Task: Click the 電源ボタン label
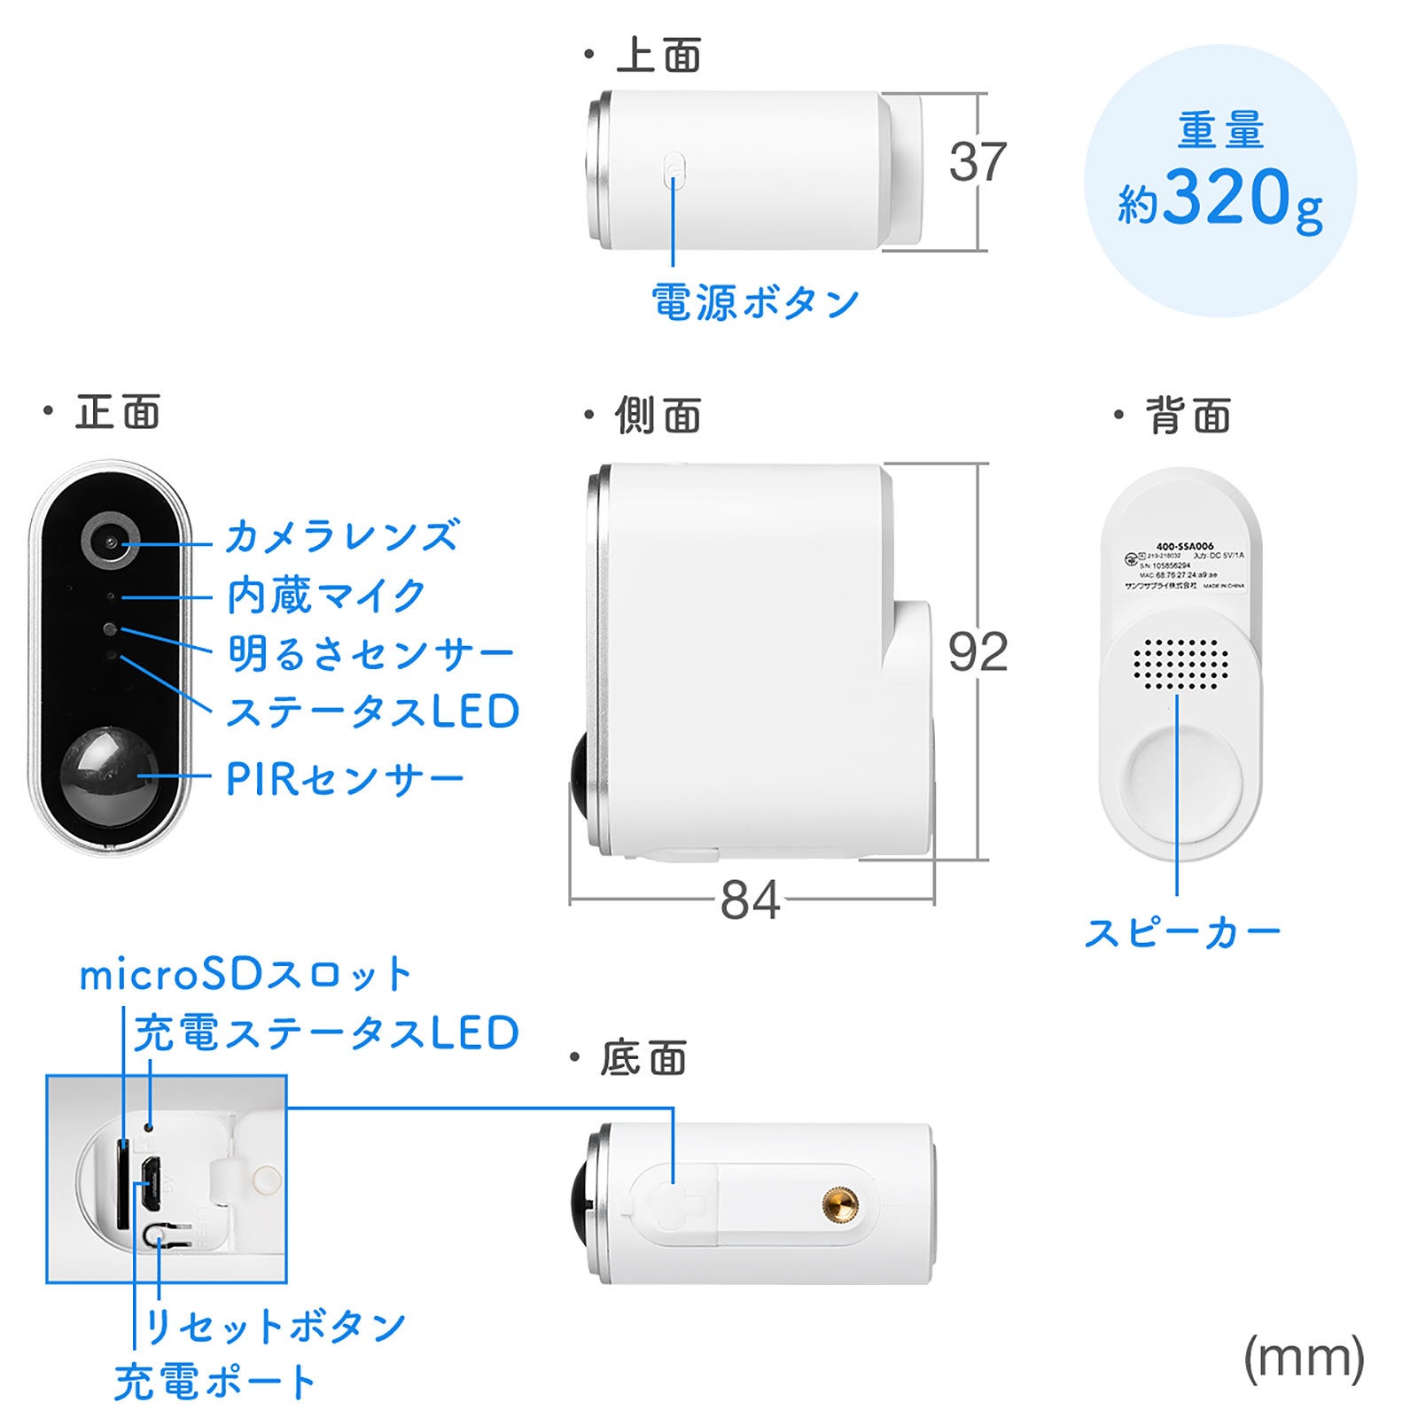point(755,303)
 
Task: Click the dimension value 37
point(978,162)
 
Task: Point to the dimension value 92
point(978,653)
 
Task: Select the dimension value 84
point(750,900)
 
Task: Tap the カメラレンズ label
point(342,536)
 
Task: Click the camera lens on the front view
point(111,541)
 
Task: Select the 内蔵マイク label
point(326,596)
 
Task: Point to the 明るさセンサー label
point(370,654)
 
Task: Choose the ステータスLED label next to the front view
point(372,713)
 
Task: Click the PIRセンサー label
point(345,779)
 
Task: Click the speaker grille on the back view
point(1181,663)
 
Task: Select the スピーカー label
point(1182,933)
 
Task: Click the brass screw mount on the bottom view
point(840,1204)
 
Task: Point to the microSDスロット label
point(245,975)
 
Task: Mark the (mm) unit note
point(1304,1359)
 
